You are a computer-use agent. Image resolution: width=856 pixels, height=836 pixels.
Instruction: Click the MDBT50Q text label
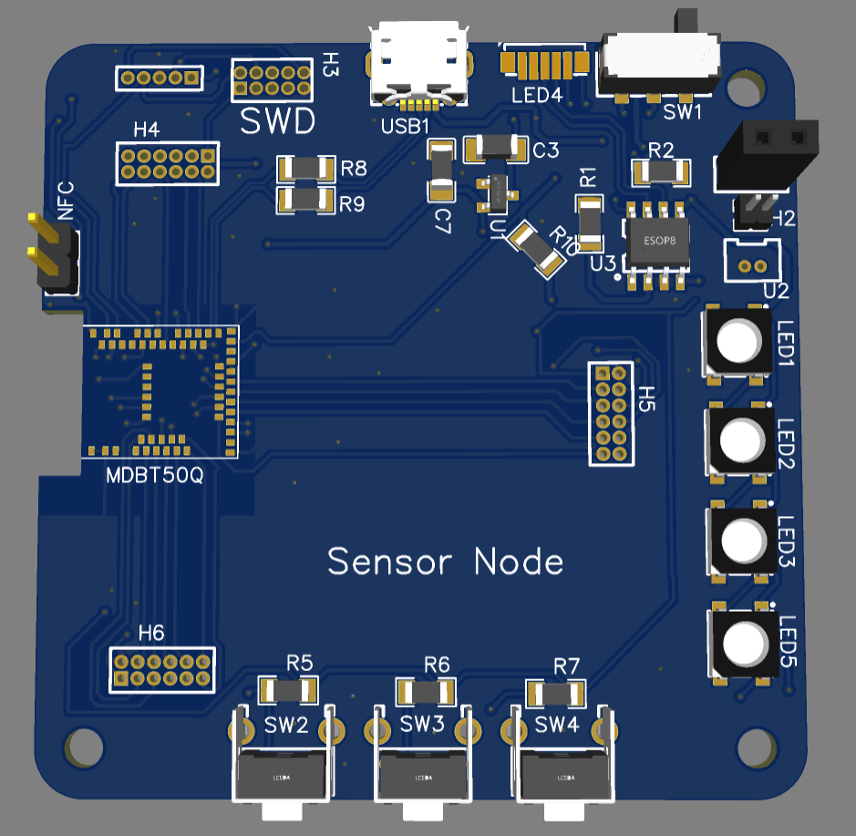(x=154, y=475)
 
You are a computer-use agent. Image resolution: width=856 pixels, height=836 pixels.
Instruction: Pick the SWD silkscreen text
(x=277, y=120)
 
